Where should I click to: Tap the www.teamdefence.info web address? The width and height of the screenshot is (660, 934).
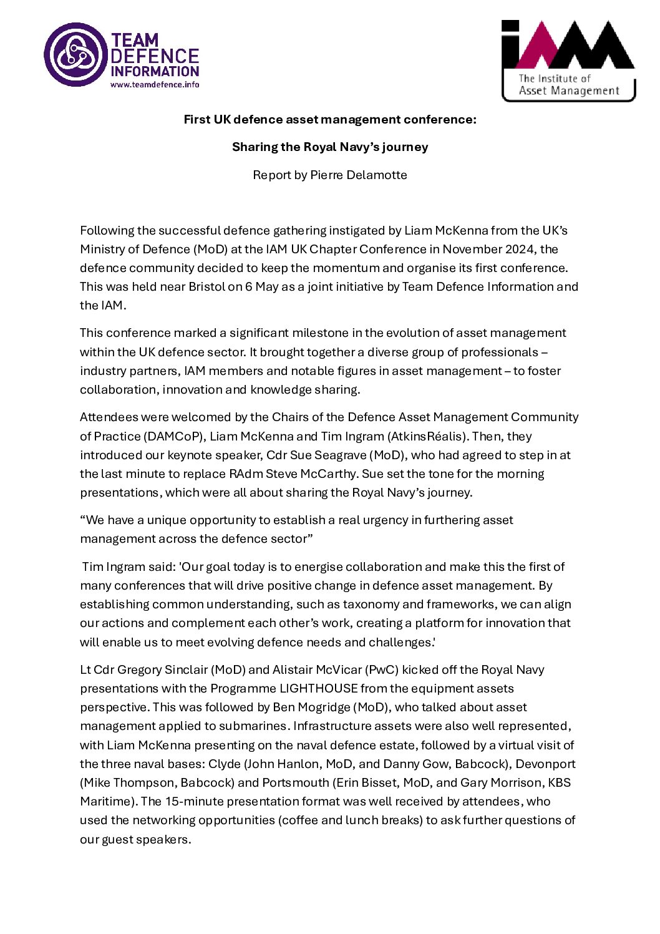pyautogui.click(x=155, y=85)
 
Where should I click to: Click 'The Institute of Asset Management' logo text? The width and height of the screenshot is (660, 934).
pyautogui.click(x=568, y=85)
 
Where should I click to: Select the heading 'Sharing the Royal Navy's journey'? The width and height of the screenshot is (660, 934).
pyautogui.click(x=330, y=147)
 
